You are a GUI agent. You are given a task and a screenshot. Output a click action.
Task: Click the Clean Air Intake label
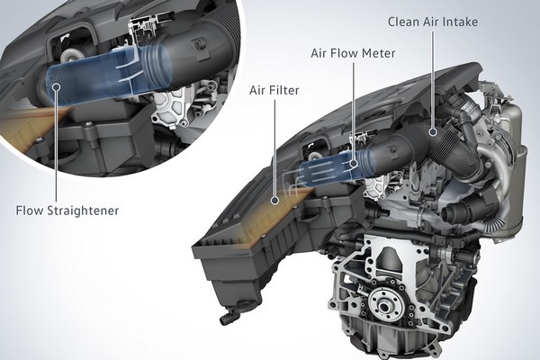pyautogui.click(x=433, y=22)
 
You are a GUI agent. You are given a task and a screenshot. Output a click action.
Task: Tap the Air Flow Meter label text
pyautogui.click(x=353, y=53)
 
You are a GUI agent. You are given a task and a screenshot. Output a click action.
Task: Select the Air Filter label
pyautogui.click(x=274, y=90)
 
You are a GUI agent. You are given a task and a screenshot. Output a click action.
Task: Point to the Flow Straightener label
pyautogui.click(x=67, y=211)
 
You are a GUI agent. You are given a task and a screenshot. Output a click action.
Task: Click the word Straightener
pyautogui.click(x=83, y=211)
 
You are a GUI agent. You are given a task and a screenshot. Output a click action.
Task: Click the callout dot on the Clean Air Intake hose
pyautogui.click(x=433, y=131)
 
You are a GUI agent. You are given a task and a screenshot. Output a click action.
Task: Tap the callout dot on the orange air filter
pyautogui.click(x=274, y=200)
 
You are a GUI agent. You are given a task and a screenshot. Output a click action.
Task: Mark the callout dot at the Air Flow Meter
pyautogui.click(x=354, y=163)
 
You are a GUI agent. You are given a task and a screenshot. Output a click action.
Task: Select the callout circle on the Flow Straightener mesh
pyautogui.click(x=57, y=86)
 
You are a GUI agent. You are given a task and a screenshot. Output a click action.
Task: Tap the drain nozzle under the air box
pyautogui.click(x=229, y=316)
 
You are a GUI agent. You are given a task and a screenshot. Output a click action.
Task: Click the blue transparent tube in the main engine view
pyautogui.click(x=328, y=169)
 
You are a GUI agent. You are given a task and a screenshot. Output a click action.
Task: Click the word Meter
pyautogui.click(x=380, y=53)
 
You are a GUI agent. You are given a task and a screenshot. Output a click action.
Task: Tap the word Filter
pyautogui.click(x=284, y=90)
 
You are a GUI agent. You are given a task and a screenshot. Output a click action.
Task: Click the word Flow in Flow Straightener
pyautogui.click(x=30, y=211)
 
